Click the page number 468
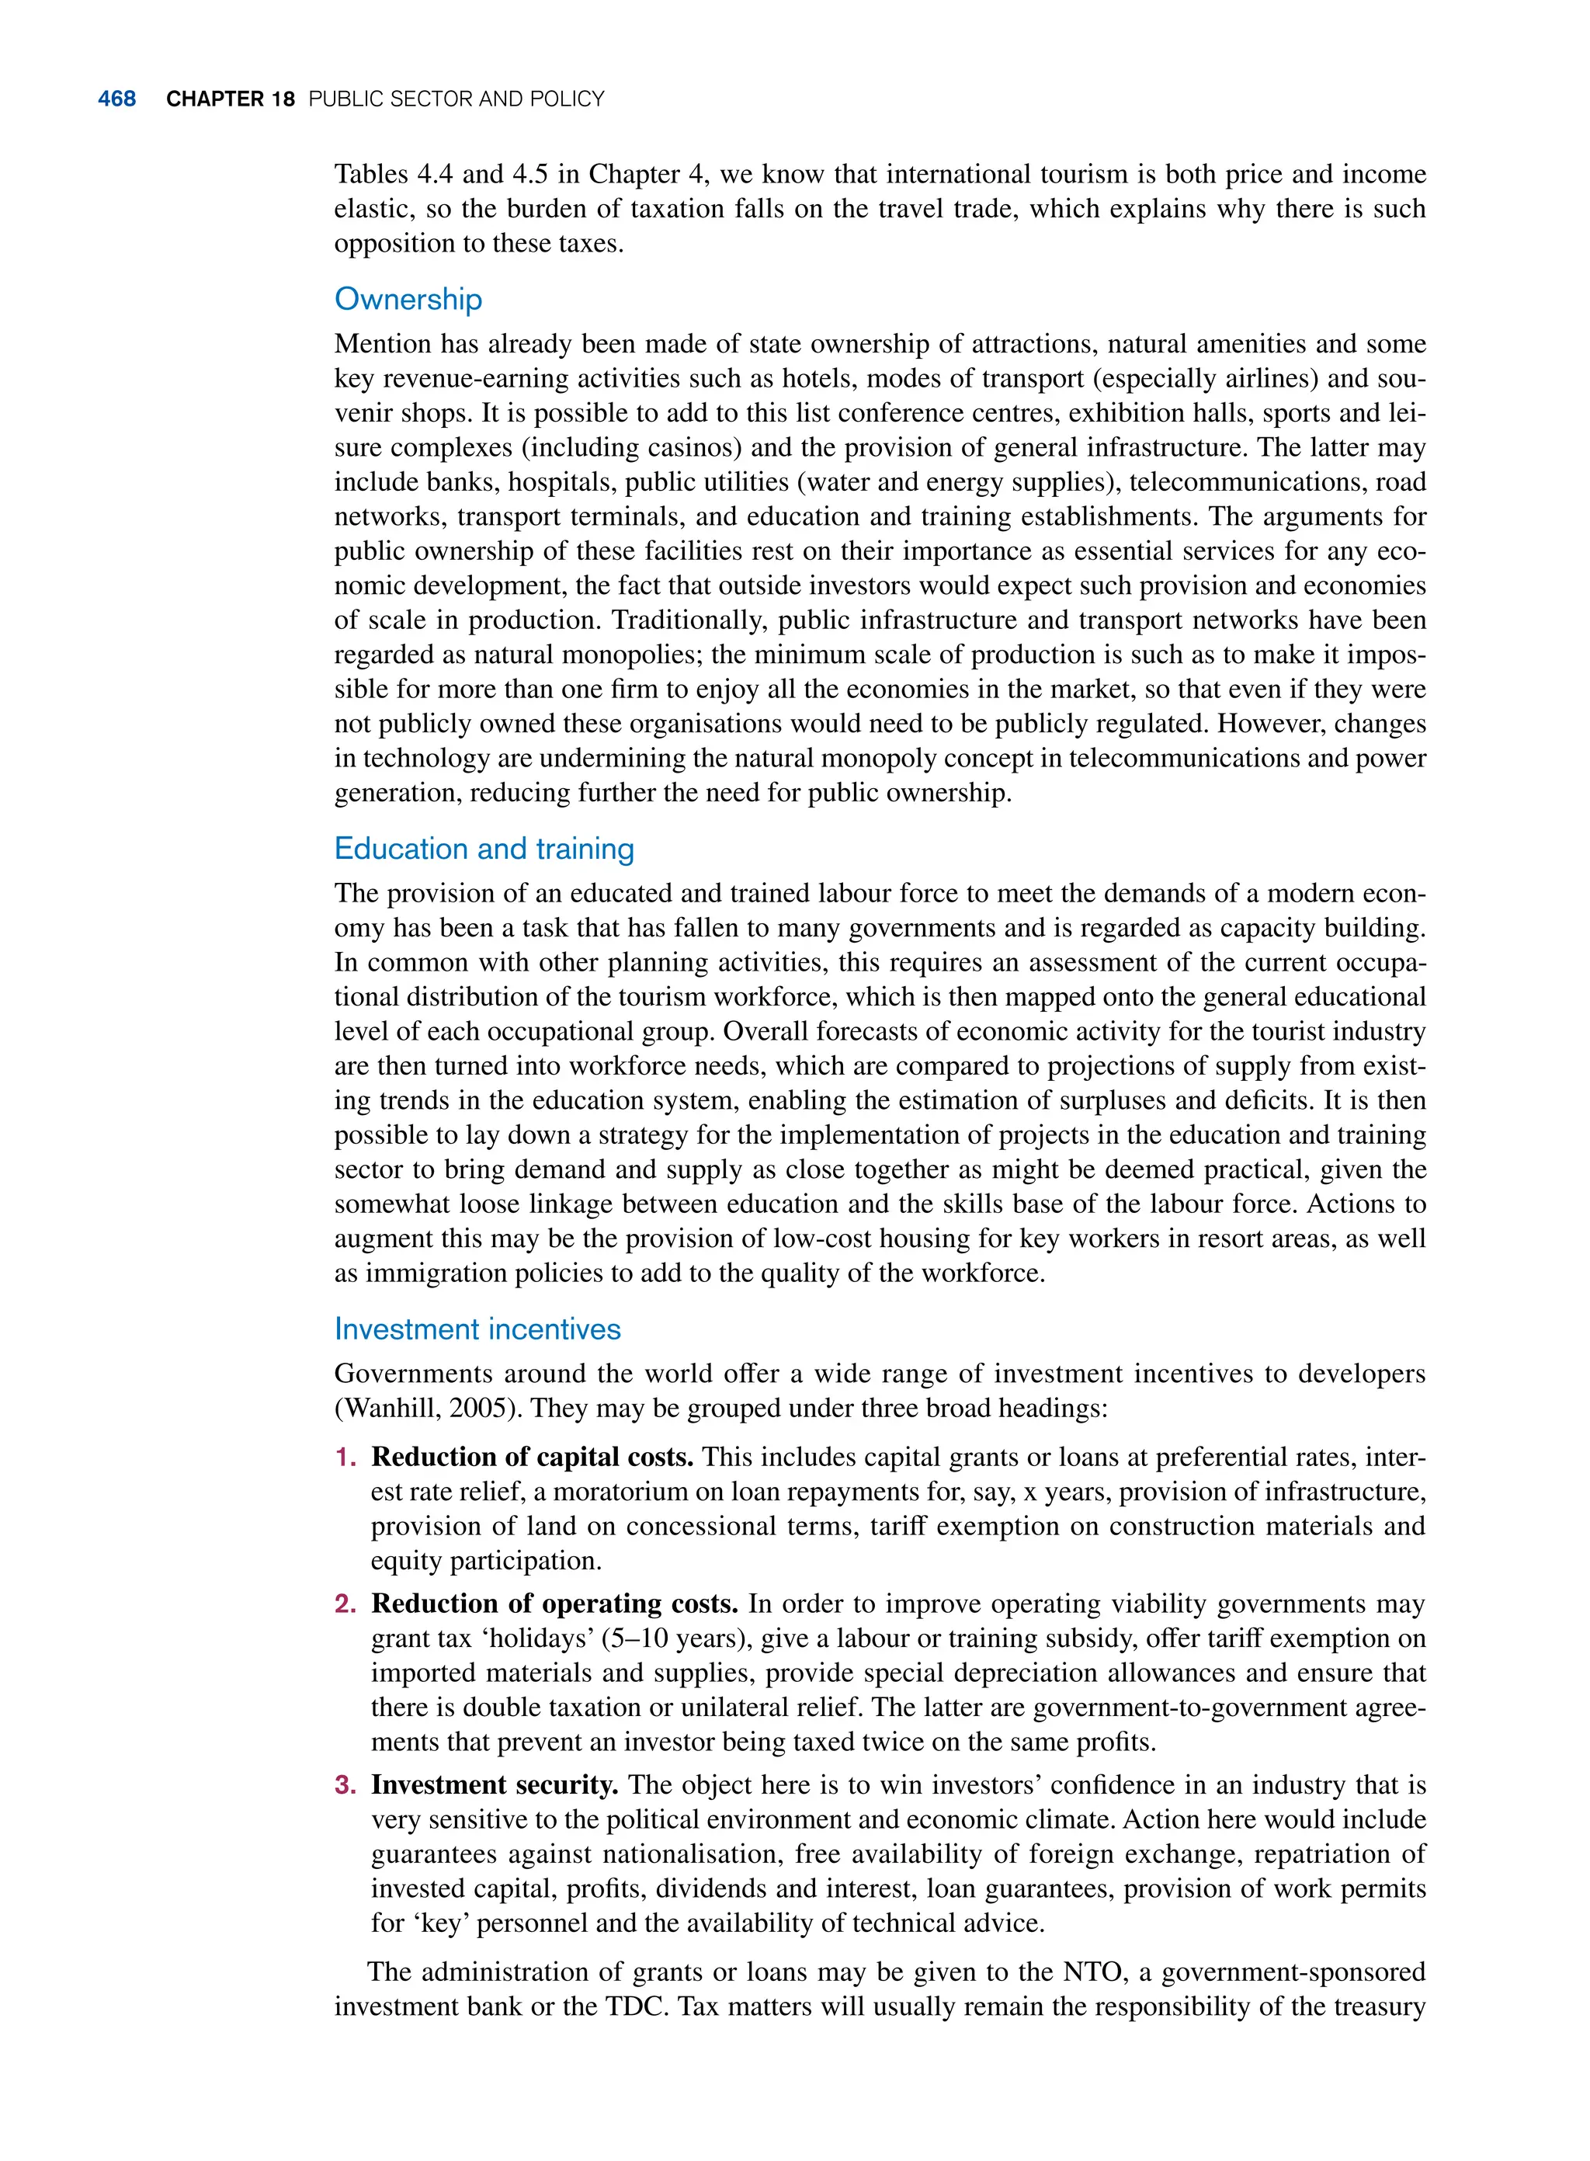[116, 99]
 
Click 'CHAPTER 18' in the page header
[230, 99]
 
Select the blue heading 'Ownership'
[408, 300]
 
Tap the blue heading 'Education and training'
[484, 849]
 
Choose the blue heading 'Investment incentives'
[477, 1329]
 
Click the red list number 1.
[345, 1458]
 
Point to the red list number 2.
[345, 1604]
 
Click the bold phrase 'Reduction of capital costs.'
[533, 1457]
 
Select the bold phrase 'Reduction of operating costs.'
[554, 1603]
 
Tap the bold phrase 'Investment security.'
[495, 1784]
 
